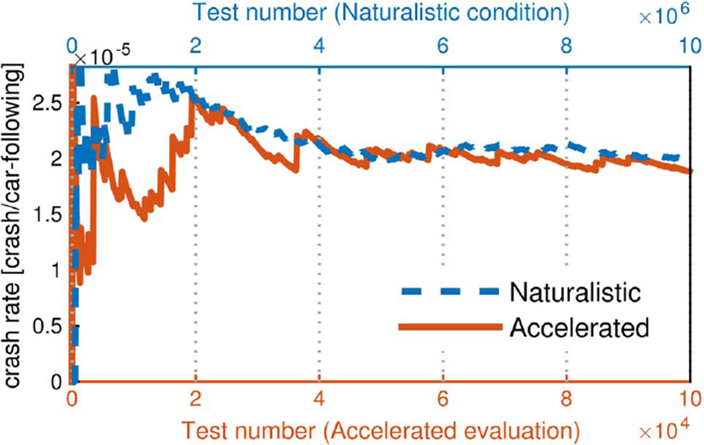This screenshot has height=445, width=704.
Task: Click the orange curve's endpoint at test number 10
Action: point(689,172)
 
